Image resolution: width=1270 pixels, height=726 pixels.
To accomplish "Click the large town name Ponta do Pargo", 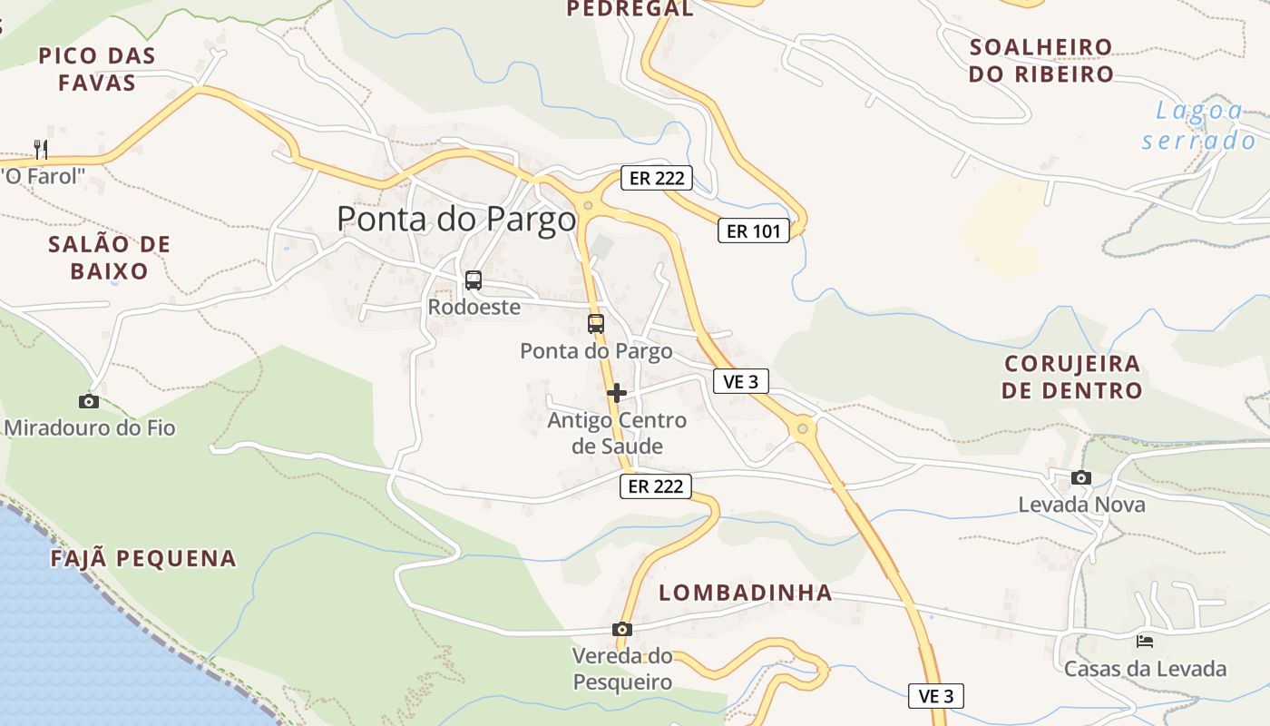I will pyautogui.click(x=456, y=220).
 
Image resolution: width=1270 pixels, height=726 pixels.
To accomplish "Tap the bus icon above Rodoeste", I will pyautogui.click(x=473, y=280).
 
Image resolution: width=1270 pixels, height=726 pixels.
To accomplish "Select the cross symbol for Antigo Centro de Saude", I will pyautogui.click(x=617, y=393).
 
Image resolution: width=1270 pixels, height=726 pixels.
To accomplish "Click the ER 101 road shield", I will pyautogui.click(x=754, y=231).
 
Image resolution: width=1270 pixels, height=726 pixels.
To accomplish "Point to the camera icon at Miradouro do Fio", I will pyautogui.click(x=88, y=401).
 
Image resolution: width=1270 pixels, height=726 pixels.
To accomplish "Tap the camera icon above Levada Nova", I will pyautogui.click(x=1080, y=477).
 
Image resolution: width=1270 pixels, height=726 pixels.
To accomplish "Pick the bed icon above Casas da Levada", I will pyautogui.click(x=1145, y=642).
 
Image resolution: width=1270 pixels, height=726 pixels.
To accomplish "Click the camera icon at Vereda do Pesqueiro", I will pyautogui.click(x=621, y=629).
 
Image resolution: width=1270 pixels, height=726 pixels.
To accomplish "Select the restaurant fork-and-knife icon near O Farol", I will pyautogui.click(x=40, y=149).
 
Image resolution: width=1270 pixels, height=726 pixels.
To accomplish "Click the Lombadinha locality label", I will pyautogui.click(x=745, y=594).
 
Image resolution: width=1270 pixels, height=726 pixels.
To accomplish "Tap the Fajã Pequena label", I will pyautogui.click(x=143, y=559).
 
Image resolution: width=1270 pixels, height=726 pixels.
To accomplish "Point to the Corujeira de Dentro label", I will pyautogui.click(x=1072, y=378).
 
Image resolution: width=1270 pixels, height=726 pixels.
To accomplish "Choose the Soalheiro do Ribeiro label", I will pyautogui.click(x=1040, y=61).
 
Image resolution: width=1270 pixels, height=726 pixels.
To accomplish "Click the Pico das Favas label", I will pyautogui.click(x=97, y=69).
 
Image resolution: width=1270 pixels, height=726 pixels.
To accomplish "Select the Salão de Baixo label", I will pyautogui.click(x=109, y=258).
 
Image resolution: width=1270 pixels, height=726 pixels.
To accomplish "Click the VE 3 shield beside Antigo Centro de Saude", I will pyautogui.click(x=740, y=382).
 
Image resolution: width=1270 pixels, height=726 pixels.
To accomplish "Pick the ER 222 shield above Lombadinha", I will pyautogui.click(x=656, y=486).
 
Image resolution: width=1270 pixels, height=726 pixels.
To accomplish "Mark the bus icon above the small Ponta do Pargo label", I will pyautogui.click(x=595, y=324).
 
